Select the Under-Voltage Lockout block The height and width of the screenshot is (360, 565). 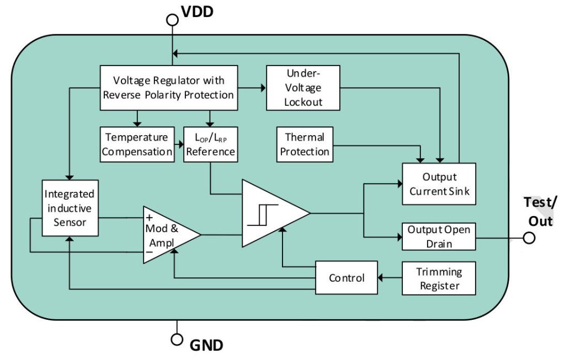[x=303, y=87]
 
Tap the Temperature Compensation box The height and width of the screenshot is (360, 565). [x=137, y=144]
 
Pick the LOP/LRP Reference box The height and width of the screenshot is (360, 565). [x=210, y=144]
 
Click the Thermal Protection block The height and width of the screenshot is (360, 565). [x=305, y=144]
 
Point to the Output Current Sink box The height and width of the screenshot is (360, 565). [x=439, y=184]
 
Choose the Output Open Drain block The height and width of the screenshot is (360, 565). [x=439, y=236]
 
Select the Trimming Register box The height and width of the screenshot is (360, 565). [x=439, y=278]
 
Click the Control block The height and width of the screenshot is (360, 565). [x=347, y=277]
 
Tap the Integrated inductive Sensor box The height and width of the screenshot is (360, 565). [x=70, y=208]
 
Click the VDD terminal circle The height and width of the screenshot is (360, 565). [x=173, y=20]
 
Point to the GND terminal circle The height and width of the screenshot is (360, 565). [x=177, y=338]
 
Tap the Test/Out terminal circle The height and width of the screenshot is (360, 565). [x=529, y=238]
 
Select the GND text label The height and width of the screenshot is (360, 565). [x=206, y=346]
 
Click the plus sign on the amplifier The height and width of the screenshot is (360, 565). [x=149, y=217]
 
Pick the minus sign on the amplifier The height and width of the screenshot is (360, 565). [x=149, y=253]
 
